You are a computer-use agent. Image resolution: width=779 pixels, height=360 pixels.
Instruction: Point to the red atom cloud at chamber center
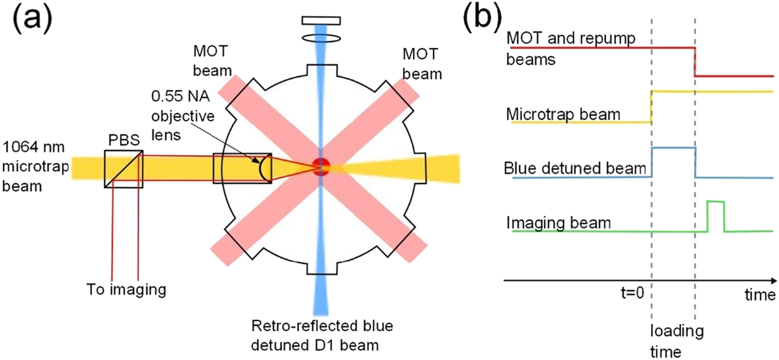click(x=321, y=166)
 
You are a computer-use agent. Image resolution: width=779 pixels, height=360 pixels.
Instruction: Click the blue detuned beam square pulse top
click(x=673, y=148)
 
